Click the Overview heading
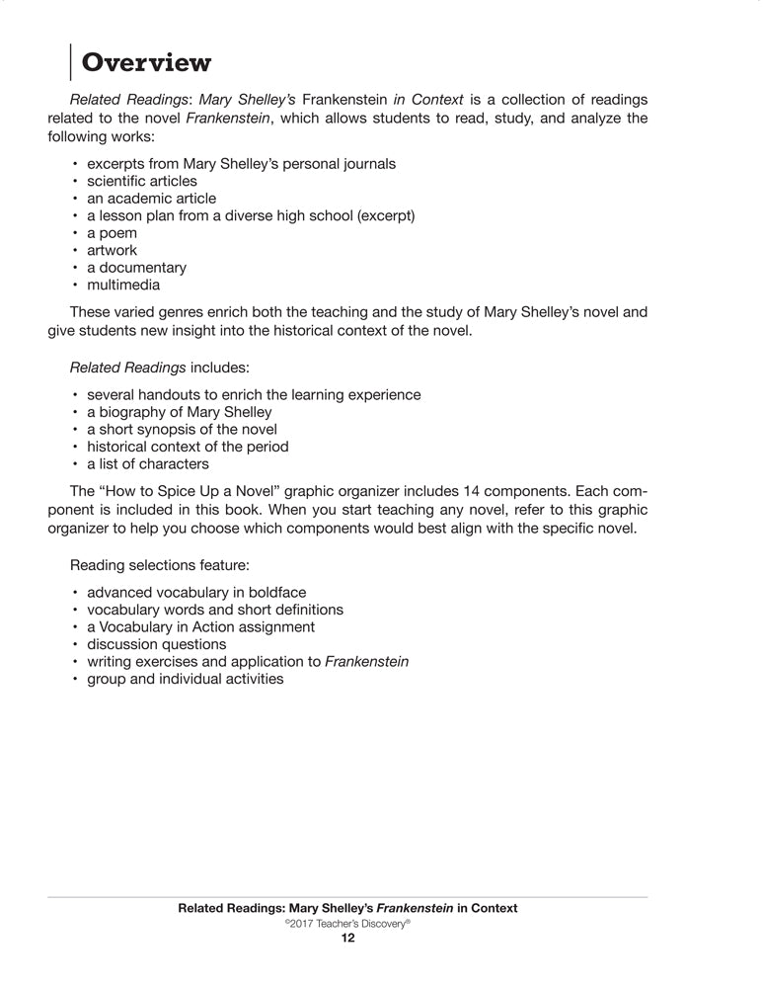tap(146, 63)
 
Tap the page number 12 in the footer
tap(347, 939)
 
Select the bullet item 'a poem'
tap(112, 233)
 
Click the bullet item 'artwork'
tap(112, 251)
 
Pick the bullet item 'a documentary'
tap(136, 268)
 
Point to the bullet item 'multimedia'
tap(122, 286)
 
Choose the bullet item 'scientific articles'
tap(141, 181)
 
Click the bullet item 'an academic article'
tap(151, 199)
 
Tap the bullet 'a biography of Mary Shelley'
tap(179, 412)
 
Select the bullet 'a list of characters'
tap(147, 463)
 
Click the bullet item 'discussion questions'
tap(156, 644)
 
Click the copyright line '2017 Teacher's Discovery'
tap(346, 923)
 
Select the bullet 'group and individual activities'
tap(185, 679)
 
